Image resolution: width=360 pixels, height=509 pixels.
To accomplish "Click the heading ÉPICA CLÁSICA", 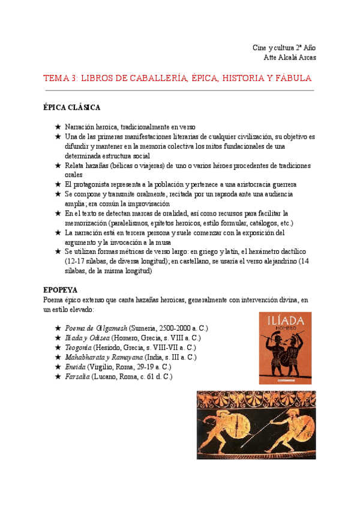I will [x=71, y=107].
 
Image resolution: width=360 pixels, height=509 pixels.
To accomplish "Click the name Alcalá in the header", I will [x=289, y=57].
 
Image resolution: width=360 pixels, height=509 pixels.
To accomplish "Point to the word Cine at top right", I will [x=259, y=47].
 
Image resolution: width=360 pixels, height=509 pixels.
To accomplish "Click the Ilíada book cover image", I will [x=285, y=348].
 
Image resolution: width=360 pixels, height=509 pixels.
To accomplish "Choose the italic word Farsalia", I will [x=78, y=376].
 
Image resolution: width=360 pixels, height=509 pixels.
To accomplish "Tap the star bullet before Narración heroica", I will [x=58, y=127].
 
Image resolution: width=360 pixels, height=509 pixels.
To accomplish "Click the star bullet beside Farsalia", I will [x=58, y=376].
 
